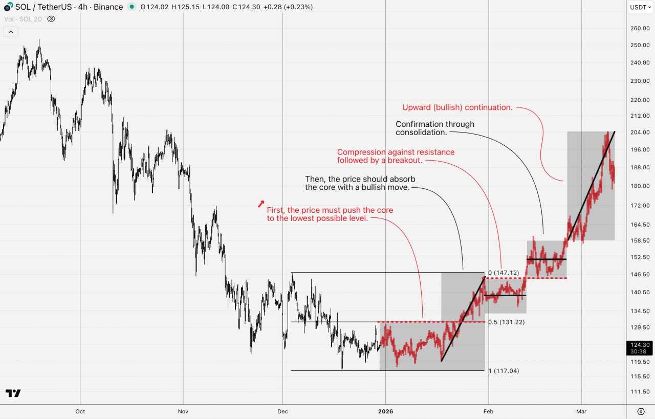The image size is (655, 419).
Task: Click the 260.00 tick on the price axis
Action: pyautogui.click(x=639, y=29)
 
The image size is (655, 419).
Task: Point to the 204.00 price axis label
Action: pyautogui.click(x=639, y=133)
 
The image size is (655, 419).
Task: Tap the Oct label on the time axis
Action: pyautogui.click(x=80, y=411)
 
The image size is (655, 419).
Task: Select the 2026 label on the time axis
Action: pyautogui.click(x=385, y=411)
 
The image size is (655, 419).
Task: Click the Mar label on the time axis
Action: pyautogui.click(x=581, y=411)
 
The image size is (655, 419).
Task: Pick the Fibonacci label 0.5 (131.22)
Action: pyautogui.click(x=506, y=322)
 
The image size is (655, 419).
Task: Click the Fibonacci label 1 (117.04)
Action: pyautogui.click(x=504, y=371)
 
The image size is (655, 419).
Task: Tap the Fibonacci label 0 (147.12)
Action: pyautogui.click(x=504, y=273)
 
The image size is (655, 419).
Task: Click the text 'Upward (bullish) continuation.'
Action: pyautogui.click(x=457, y=107)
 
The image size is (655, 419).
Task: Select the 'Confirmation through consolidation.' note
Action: pyautogui.click(x=435, y=128)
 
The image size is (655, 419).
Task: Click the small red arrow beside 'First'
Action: pyautogui.click(x=261, y=204)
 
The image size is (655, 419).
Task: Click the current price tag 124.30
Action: pyautogui.click(x=639, y=348)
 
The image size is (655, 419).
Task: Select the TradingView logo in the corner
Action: pyautogui.click(x=13, y=393)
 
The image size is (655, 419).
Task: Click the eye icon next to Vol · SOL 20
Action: pyautogui.click(x=51, y=19)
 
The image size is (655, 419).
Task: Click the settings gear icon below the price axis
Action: pyautogui.click(x=641, y=411)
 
